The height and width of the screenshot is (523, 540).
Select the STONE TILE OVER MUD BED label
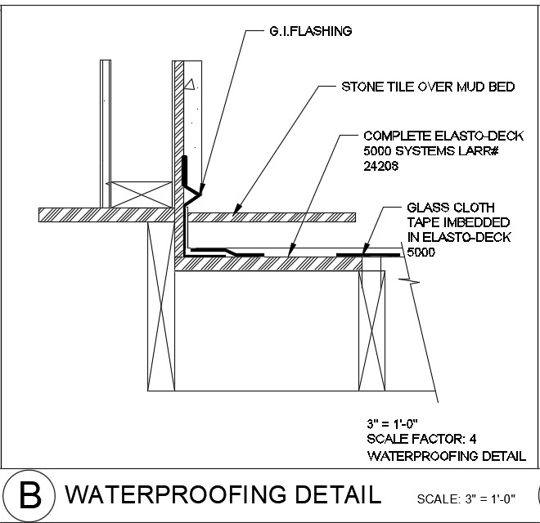[x=427, y=87]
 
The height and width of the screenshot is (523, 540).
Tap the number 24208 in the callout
[x=381, y=165]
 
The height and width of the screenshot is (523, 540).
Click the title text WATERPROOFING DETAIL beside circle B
[x=223, y=495]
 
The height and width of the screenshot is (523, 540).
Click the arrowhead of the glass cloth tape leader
[x=362, y=253]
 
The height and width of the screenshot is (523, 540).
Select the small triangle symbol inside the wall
[x=190, y=83]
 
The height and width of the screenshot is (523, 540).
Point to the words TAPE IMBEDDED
[x=448, y=222]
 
